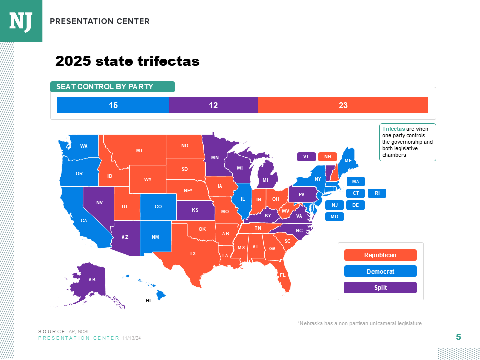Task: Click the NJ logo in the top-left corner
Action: pyautogui.click(x=21, y=21)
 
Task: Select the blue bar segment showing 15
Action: pyautogui.click(x=113, y=105)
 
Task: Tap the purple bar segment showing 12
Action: pyautogui.click(x=213, y=105)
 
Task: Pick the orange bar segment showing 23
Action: pyautogui.click(x=343, y=105)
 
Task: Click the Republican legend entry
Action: pyautogui.click(x=380, y=255)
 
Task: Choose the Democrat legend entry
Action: pyautogui.click(x=380, y=271)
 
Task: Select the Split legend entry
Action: pyautogui.click(x=380, y=288)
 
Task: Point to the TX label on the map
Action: pyautogui.click(x=193, y=254)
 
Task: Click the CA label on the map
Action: pyautogui.click(x=84, y=221)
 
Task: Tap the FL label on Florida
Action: pyautogui.click(x=283, y=275)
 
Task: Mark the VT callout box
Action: pyautogui.click(x=306, y=157)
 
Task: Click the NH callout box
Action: pyautogui.click(x=327, y=157)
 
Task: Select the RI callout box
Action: pyautogui.click(x=377, y=193)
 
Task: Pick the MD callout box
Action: pyautogui.click(x=334, y=217)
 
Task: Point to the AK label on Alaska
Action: pyautogui.click(x=92, y=280)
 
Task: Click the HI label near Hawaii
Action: pyautogui.click(x=148, y=301)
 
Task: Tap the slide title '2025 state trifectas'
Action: pyautogui.click(x=127, y=61)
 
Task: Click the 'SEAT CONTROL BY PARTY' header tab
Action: pyautogui.click(x=112, y=87)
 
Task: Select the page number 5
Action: pyautogui.click(x=458, y=337)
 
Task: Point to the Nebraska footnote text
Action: pyautogui.click(x=359, y=324)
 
